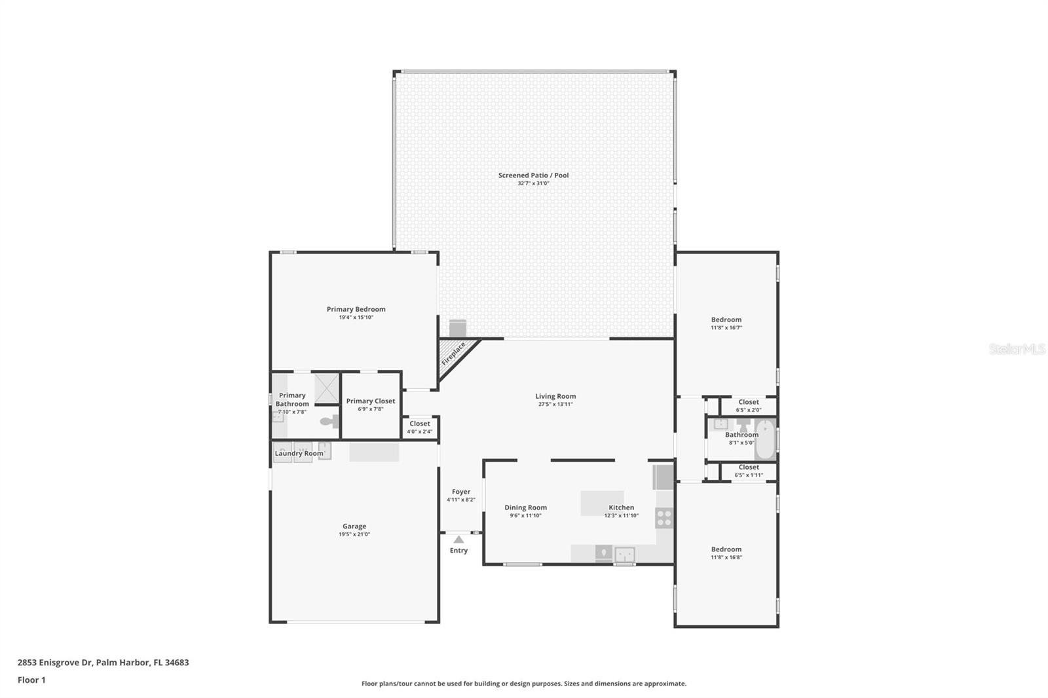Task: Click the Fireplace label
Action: point(453,354)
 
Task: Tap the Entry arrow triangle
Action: point(458,540)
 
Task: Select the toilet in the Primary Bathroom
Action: point(329,421)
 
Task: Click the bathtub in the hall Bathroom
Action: point(766,439)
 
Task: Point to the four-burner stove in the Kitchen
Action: point(664,518)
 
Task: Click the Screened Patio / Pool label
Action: point(533,175)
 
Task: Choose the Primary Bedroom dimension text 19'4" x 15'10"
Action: point(356,317)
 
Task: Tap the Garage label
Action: point(354,526)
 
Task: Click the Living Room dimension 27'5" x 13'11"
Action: point(555,404)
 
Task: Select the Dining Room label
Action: point(525,507)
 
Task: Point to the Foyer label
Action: point(461,492)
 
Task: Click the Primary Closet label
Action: point(371,401)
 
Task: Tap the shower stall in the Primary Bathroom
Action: point(327,388)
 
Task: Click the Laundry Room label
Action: point(299,453)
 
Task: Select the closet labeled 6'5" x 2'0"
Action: point(749,405)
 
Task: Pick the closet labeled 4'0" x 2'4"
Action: point(420,428)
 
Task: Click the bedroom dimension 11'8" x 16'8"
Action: point(726,557)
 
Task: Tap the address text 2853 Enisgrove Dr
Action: point(55,663)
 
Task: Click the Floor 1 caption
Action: point(31,680)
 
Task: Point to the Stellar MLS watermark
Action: point(1017,348)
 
